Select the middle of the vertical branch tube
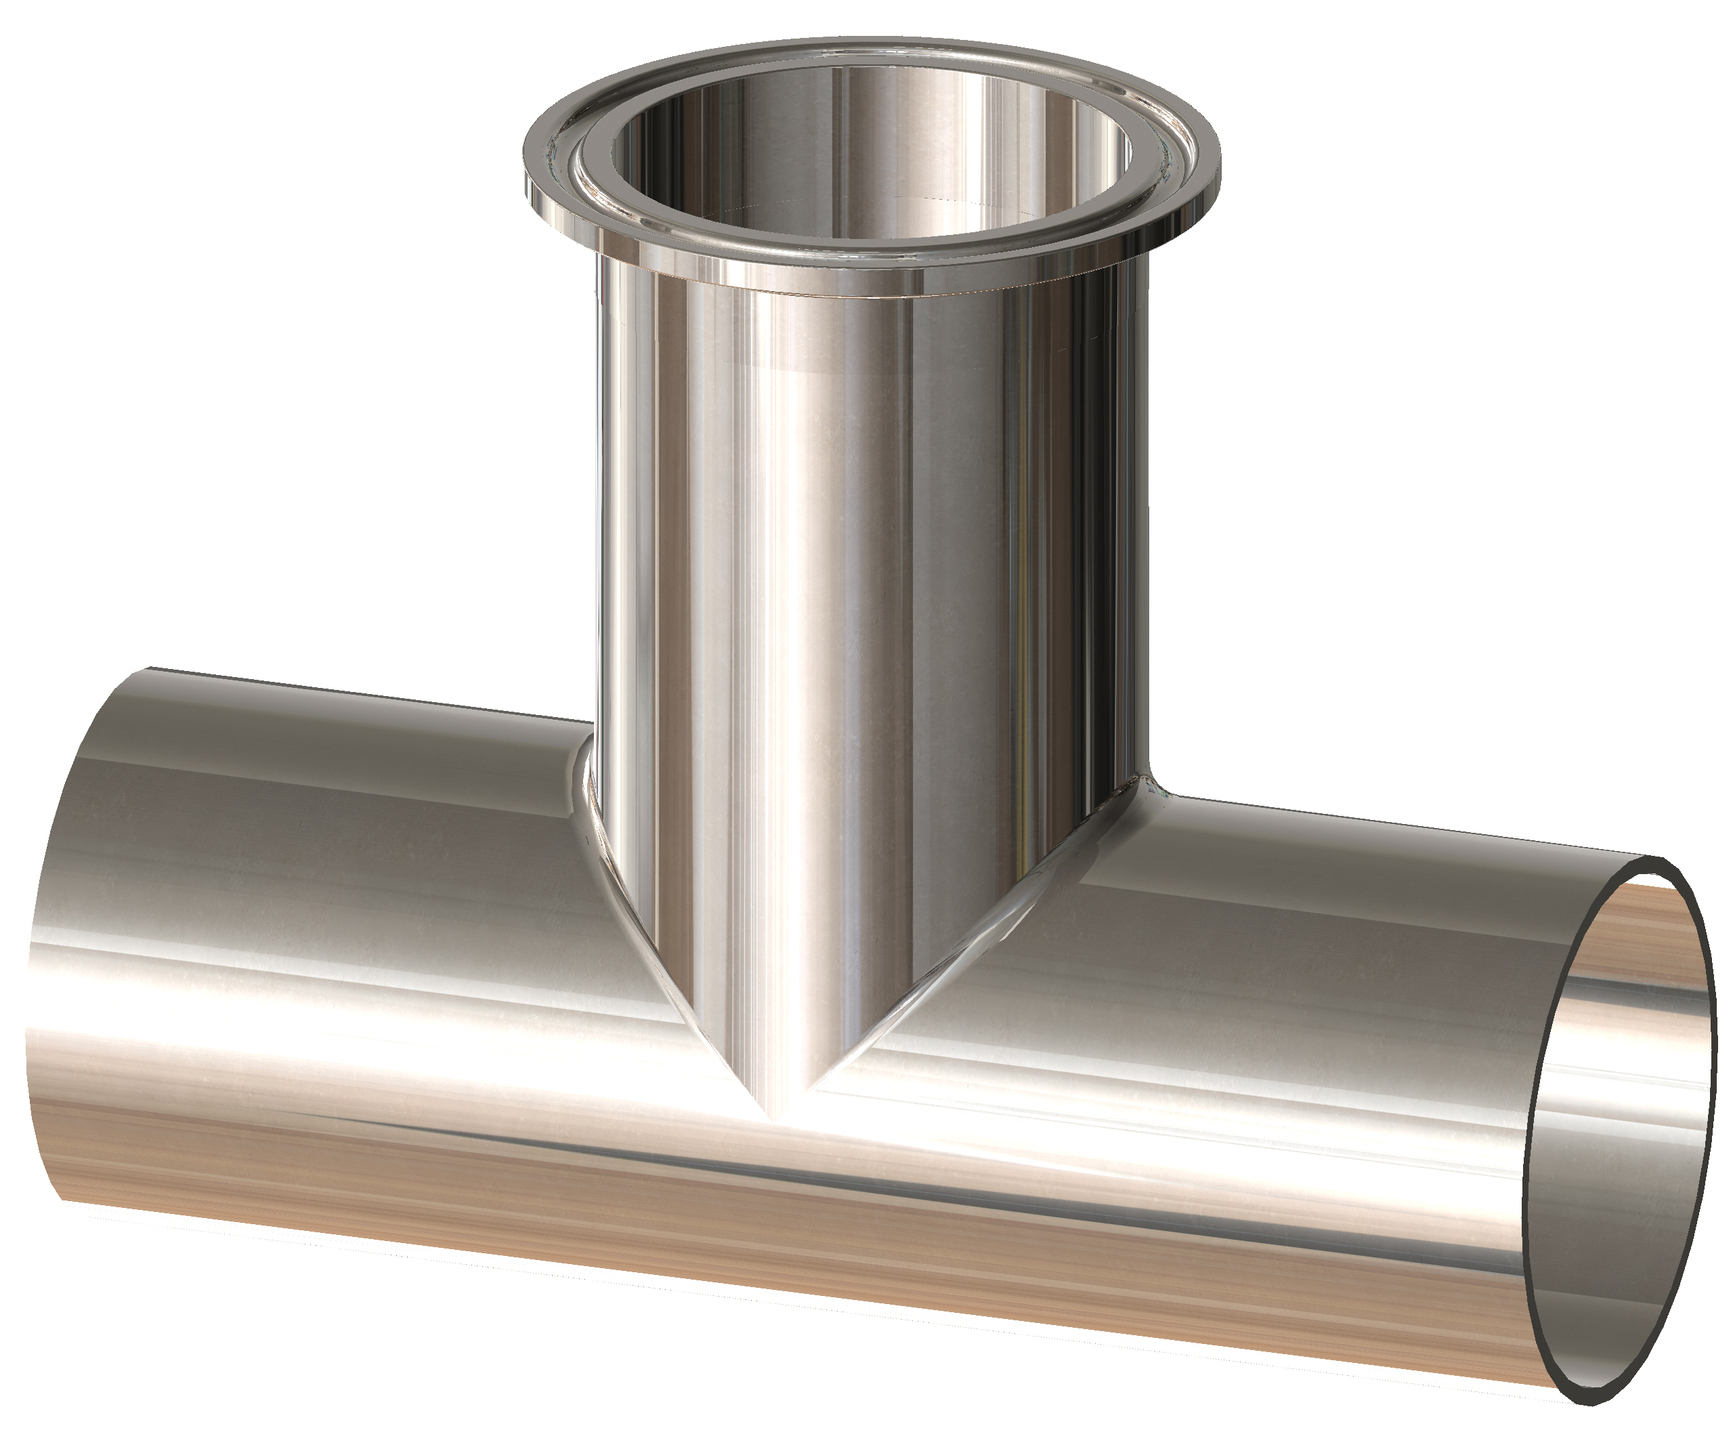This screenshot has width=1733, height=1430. pyautogui.click(x=865, y=577)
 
